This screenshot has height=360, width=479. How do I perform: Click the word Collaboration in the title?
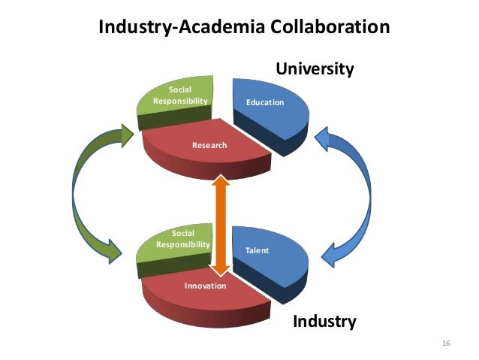[x=325, y=28]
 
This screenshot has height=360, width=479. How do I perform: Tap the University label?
[x=315, y=69]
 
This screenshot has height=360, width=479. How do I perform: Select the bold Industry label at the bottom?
[x=324, y=322]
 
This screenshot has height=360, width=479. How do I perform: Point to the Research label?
[x=209, y=145]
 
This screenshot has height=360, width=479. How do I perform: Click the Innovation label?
[x=205, y=286]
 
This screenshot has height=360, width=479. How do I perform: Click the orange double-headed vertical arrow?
[x=220, y=225]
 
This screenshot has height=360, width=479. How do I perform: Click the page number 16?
[x=446, y=343]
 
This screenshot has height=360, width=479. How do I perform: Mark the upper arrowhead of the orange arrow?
[x=220, y=183]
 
